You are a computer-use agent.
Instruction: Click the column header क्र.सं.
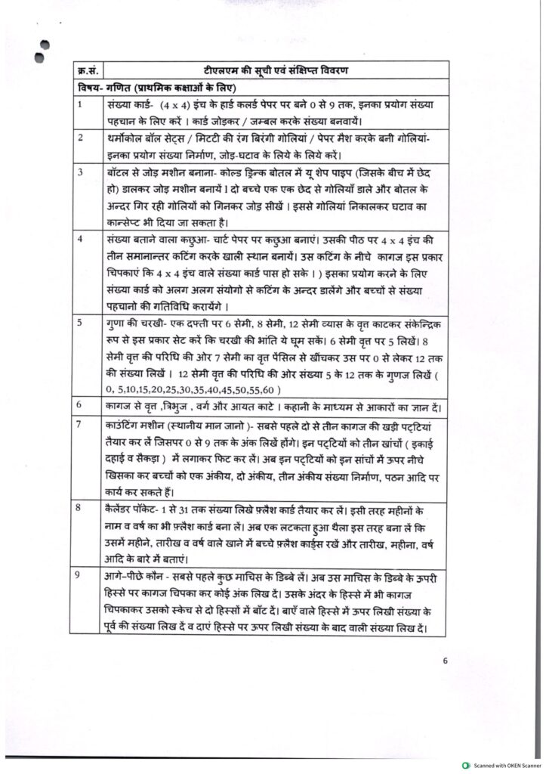85,72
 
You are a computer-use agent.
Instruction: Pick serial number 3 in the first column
80,173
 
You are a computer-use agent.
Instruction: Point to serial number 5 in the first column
80,322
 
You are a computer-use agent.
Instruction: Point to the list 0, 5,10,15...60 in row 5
194,389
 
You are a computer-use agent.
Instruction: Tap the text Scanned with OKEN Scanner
505,766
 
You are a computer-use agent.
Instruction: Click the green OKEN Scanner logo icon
467,766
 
